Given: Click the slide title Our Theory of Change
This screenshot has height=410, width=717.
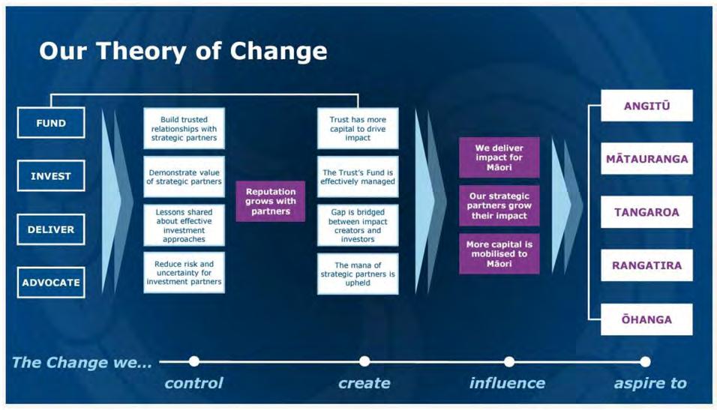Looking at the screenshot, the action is (x=183, y=51).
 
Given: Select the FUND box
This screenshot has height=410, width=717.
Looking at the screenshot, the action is (x=51, y=123).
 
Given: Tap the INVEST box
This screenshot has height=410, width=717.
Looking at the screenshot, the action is (x=51, y=176).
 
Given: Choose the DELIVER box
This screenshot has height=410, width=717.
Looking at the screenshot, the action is (x=51, y=229).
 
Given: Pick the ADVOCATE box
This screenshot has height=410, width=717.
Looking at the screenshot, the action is (x=51, y=283).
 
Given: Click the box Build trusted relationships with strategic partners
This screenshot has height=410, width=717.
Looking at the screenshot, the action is (x=184, y=128).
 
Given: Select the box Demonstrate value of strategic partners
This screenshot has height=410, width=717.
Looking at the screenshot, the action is (x=184, y=177).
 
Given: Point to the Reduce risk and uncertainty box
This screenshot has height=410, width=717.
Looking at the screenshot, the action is (x=184, y=272).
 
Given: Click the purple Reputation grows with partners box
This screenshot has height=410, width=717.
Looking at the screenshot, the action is (x=271, y=200).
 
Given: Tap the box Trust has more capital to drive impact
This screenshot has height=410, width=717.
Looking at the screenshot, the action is (x=358, y=128).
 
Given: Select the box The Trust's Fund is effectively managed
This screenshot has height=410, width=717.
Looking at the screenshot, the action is (x=358, y=177).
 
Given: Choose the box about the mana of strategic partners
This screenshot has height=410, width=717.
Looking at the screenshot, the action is (x=358, y=274).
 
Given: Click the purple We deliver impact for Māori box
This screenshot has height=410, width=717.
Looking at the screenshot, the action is (x=499, y=157).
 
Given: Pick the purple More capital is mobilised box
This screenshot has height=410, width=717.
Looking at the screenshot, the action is (x=499, y=253).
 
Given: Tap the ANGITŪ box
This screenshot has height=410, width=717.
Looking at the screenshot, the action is (x=646, y=106).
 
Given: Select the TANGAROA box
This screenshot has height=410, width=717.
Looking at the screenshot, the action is (x=646, y=212).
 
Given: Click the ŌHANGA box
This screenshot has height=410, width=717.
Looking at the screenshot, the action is (x=646, y=319).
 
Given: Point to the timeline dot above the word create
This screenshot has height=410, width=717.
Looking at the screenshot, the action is (x=364, y=361).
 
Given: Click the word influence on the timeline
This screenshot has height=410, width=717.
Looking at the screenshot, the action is (x=507, y=383).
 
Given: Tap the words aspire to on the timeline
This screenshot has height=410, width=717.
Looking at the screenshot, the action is (x=649, y=383).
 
